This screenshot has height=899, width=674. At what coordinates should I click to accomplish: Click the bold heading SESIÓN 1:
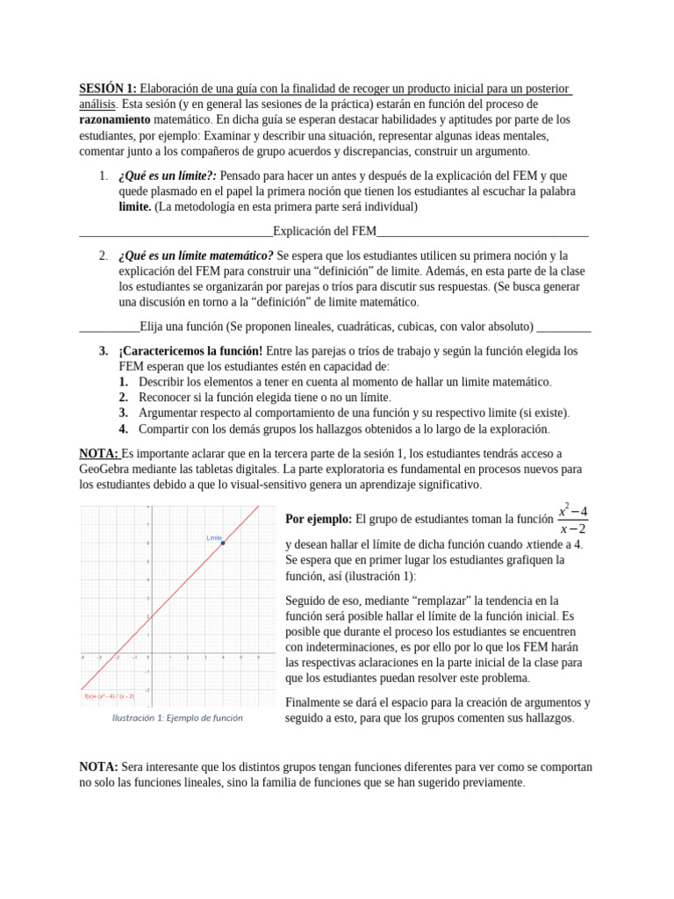[x=108, y=89]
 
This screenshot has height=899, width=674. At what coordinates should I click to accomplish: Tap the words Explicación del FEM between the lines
[x=324, y=231]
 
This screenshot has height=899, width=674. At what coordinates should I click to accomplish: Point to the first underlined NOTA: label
[x=99, y=453]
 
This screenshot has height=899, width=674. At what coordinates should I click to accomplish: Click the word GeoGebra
[x=106, y=469]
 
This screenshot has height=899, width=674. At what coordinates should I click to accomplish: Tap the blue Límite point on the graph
[x=223, y=543]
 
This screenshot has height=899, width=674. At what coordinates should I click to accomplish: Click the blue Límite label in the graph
[x=214, y=536]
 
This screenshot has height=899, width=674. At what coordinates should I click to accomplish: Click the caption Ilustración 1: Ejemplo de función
[x=177, y=718]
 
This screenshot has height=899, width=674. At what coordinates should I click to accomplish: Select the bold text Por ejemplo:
[x=319, y=519]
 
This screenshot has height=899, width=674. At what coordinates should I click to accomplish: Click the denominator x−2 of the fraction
[x=574, y=529]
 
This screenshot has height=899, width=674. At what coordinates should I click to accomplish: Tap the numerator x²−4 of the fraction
[x=574, y=511]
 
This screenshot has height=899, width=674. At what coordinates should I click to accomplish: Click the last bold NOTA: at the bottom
[x=98, y=766]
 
